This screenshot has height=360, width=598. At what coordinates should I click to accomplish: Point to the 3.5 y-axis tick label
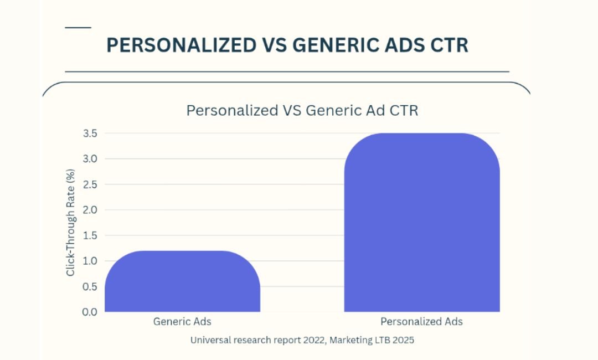tap(90, 133)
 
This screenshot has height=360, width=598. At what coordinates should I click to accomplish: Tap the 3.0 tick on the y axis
tap(90, 159)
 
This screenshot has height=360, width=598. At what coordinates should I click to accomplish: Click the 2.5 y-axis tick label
tap(90, 184)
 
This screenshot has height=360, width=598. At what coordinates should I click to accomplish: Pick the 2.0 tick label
tap(90, 210)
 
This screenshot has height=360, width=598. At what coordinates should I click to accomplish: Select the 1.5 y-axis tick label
tap(90, 235)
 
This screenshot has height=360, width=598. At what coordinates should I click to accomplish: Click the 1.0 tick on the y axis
tap(90, 261)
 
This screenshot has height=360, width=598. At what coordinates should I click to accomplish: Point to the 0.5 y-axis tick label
tap(90, 286)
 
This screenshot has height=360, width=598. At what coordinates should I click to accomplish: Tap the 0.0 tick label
tap(90, 312)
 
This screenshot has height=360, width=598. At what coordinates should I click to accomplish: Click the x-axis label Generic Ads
tap(182, 321)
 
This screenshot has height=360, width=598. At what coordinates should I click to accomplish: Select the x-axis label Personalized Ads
tap(421, 321)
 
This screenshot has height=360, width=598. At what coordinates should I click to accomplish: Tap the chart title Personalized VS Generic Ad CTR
tap(302, 110)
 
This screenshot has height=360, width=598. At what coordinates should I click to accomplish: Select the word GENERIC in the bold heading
tap(328, 45)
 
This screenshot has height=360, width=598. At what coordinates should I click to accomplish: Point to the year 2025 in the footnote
tap(403, 341)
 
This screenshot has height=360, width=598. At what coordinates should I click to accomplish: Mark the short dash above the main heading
tap(78, 27)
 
